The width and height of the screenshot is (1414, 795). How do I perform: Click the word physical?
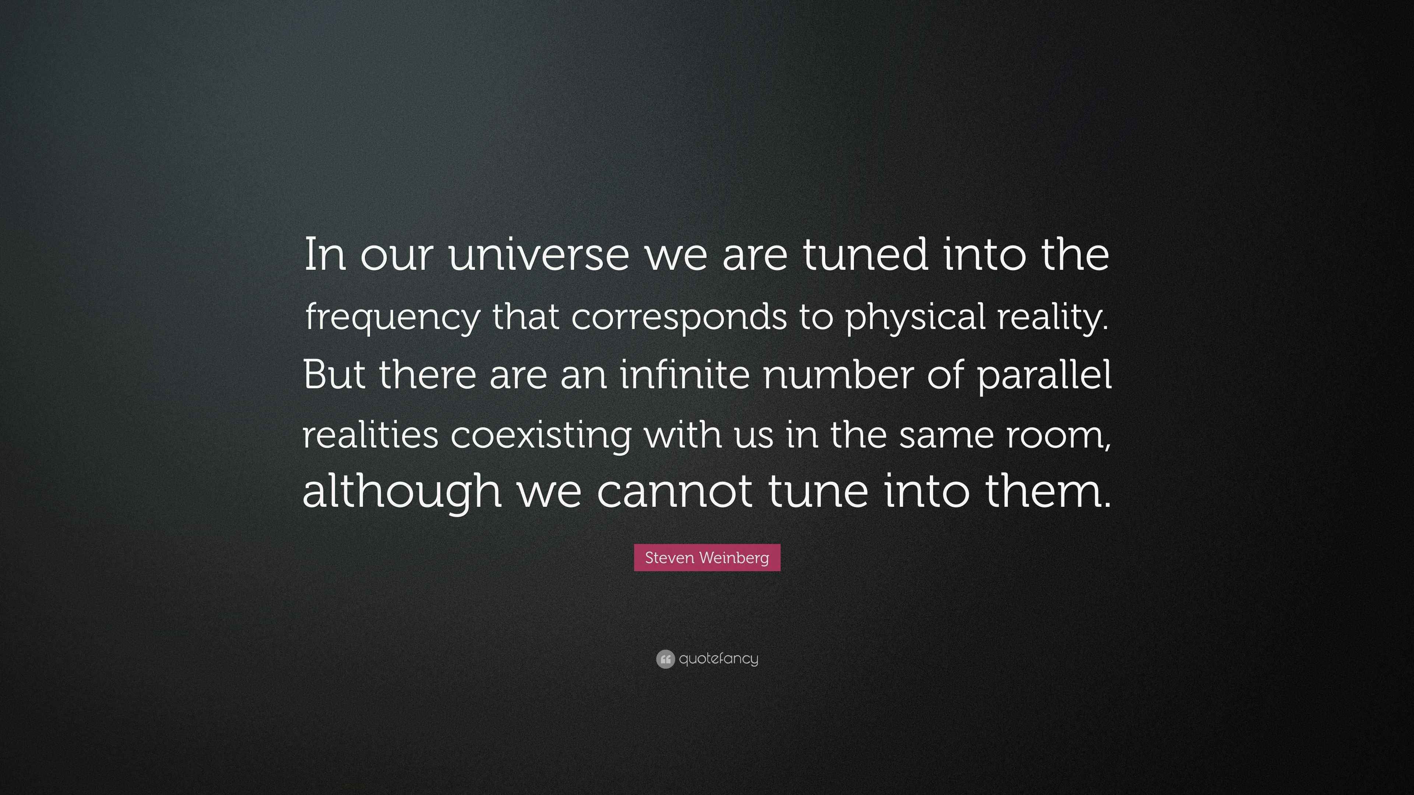point(915,317)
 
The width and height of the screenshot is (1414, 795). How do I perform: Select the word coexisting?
point(540,435)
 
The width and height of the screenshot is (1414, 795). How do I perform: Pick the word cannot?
point(675,492)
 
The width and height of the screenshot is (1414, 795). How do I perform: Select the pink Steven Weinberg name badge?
point(707,558)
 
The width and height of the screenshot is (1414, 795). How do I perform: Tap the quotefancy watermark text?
point(718,659)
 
